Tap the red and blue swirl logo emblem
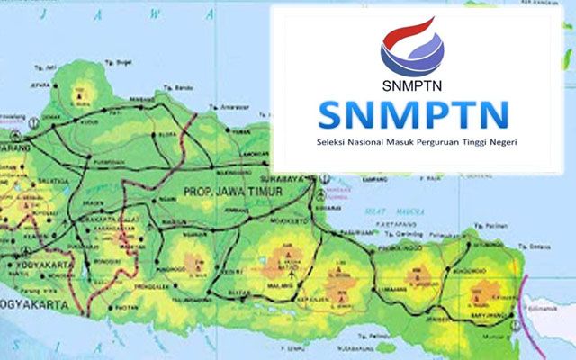[416, 46]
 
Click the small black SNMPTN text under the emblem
[415, 86]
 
